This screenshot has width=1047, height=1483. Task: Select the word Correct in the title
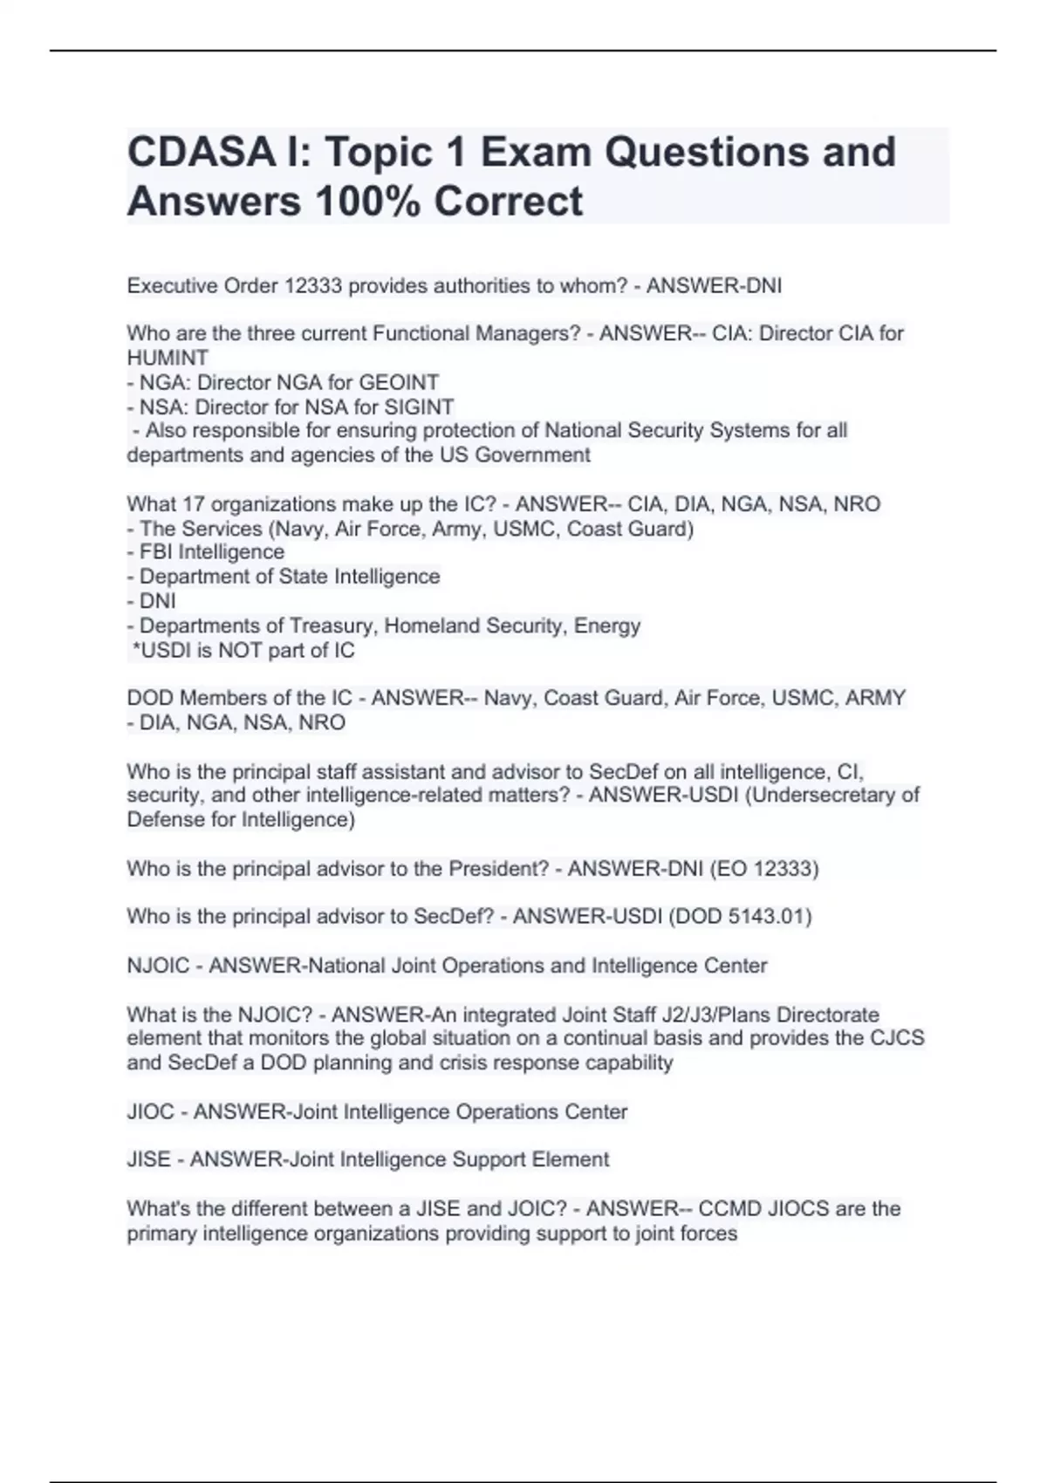pyautogui.click(x=508, y=202)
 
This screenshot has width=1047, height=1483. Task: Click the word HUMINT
pyautogui.click(x=168, y=358)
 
